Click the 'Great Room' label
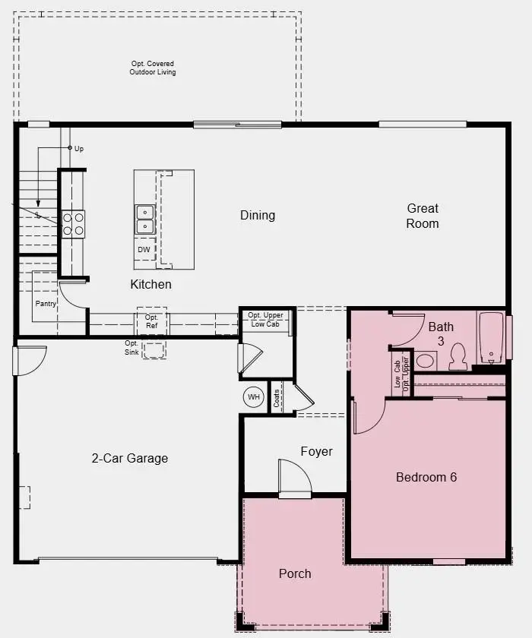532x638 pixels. click(x=423, y=216)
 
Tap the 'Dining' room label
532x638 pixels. click(x=258, y=215)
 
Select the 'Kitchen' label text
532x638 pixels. click(x=150, y=284)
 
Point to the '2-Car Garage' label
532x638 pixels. click(x=130, y=458)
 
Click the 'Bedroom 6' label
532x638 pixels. click(x=426, y=477)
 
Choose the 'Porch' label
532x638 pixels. click(x=295, y=573)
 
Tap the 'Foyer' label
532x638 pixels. click(x=316, y=451)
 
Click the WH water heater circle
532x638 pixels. click(x=253, y=396)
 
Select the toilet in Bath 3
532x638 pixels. click(x=458, y=356)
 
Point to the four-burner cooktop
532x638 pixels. click(x=73, y=223)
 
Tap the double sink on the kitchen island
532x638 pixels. click(x=144, y=220)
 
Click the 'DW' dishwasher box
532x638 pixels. click(x=144, y=249)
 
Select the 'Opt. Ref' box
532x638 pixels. click(x=152, y=321)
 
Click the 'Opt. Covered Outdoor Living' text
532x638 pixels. click(x=152, y=68)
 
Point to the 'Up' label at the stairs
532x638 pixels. click(x=79, y=149)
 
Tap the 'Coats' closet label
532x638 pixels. click(x=277, y=397)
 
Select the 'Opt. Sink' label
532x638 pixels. click(x=132, y=347)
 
